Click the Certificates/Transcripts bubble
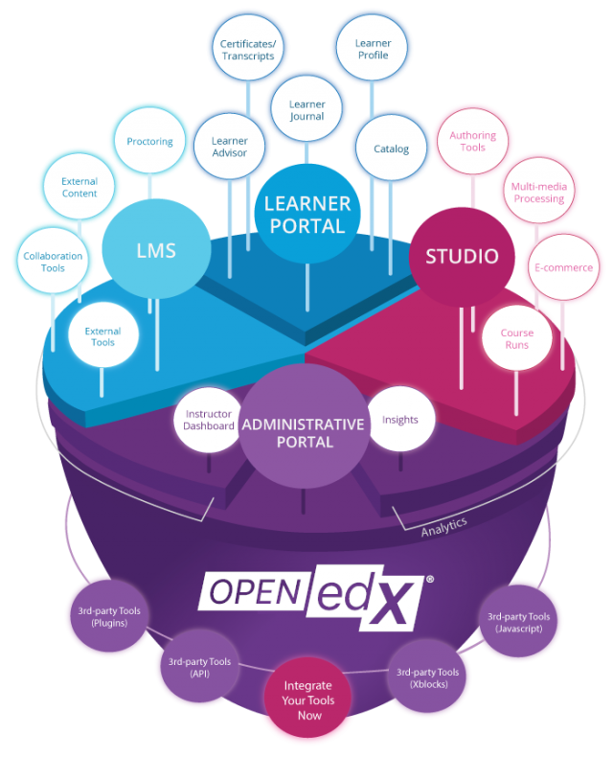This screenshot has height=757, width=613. [248, 48]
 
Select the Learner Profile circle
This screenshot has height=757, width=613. [373, 48]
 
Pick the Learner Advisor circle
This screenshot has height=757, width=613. [229, 147]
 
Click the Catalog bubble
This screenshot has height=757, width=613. [392, 148]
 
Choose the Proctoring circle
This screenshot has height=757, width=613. [149, 141]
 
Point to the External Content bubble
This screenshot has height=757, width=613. [79, 186]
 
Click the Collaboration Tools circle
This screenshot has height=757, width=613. [53, 261]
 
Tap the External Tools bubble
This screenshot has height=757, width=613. [102, 335]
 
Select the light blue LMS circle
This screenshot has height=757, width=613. [156, 249]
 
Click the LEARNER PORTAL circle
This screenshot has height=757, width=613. [307, 214]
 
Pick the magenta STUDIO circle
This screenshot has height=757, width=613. [462, 257]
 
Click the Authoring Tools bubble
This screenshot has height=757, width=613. [472, 141]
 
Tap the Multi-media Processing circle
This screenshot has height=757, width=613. [539, 192]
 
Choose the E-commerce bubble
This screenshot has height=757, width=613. [563, 267]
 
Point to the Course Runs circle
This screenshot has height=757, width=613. [517, 338]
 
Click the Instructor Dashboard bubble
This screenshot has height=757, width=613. [209, 420]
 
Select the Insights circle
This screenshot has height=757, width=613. [400, 419]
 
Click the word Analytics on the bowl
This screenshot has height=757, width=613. [443, 526]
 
